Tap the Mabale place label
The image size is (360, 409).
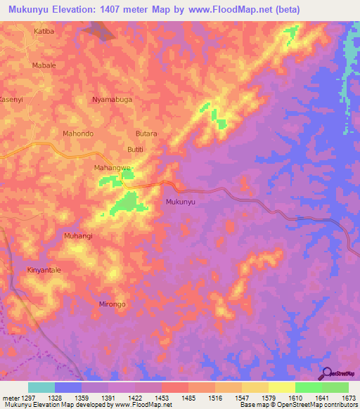(x=44, y=65)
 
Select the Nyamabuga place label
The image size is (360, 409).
(x=112, y=100)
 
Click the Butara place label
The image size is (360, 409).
(x=146, y=133)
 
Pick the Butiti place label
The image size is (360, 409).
(x=135, y=150)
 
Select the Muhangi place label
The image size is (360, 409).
(x=78, y=236)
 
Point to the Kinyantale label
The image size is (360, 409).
(x=44, y=270)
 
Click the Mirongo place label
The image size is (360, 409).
(x=112, y=304)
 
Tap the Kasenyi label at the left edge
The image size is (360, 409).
(x=11, y=100)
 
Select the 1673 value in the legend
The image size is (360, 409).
(x=347, y=398)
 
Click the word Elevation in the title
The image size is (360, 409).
(x=82, y=10)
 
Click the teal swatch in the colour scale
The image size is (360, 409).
(x=41, y=387)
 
